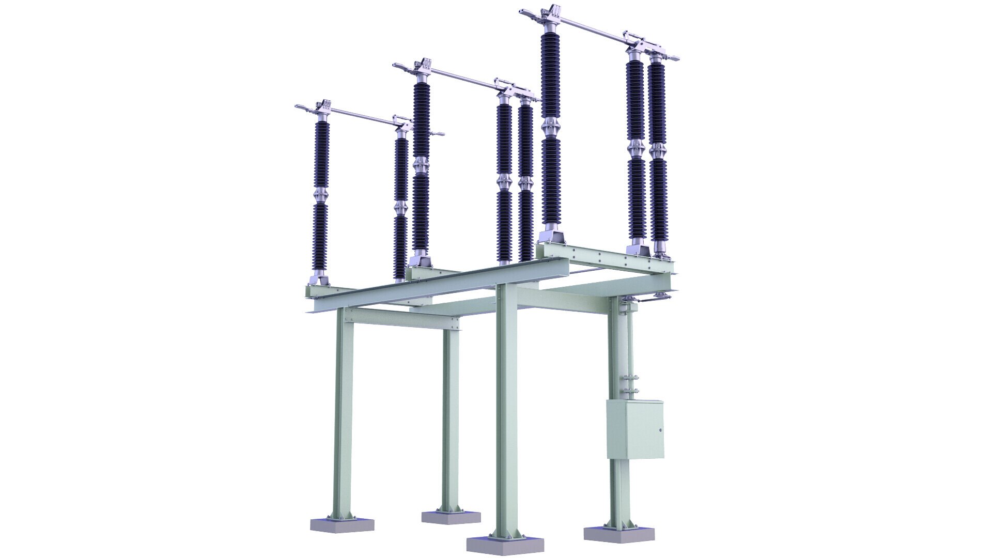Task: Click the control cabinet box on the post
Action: pyautogui.click(x=635, y=429)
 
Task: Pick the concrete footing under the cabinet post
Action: pyautogui.click(x=619, y=533)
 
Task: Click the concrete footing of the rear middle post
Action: pyautogui.click(x=451, y=517)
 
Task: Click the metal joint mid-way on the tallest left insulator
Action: pyautogui.click(x=551, y=127)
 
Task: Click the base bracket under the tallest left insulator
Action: pyautogui.click(x=551, y=238)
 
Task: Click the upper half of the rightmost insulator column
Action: pyautogui.click(x=657, y=103)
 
